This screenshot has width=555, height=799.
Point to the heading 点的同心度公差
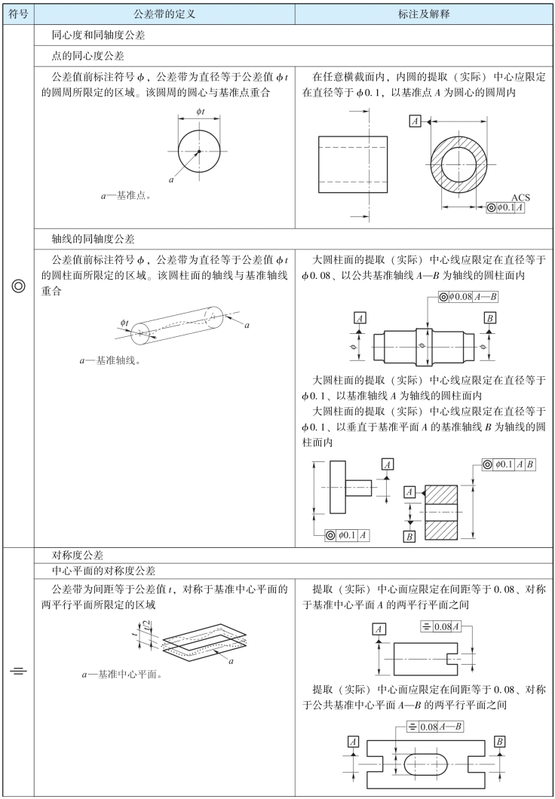point(87,56)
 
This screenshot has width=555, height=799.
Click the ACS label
point(520,197)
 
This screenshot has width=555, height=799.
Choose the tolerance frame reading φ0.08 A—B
point(468,297)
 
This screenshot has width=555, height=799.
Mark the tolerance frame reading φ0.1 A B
point(509,464)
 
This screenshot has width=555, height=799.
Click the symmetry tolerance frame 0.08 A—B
point(436,727)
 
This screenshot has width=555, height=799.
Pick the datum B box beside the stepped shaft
point(490,318)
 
